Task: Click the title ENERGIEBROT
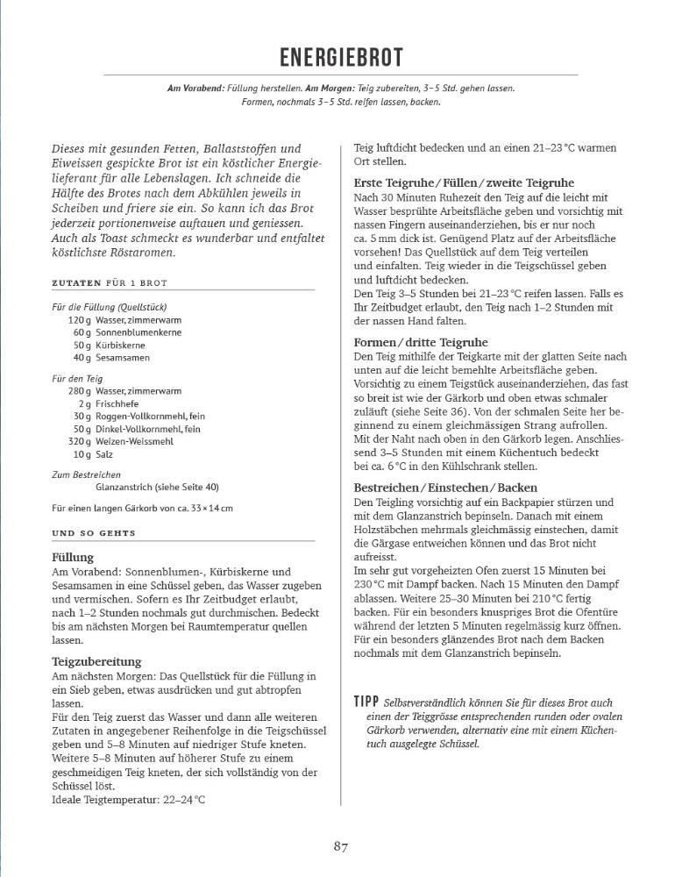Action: point(341,58)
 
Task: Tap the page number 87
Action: point(341,846)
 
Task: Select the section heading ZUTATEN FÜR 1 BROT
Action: point(110,283)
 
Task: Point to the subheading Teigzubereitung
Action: point(96,661)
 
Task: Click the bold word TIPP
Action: point(366,702)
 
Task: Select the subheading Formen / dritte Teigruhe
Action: point(421,342)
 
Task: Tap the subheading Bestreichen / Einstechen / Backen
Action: point(445,487)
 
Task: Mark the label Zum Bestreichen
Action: point(85,474)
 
